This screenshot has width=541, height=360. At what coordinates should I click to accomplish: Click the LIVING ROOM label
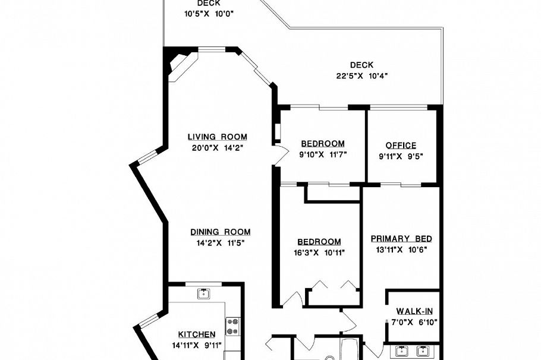click(x=217, y=137)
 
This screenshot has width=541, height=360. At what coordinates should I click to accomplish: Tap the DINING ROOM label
click(x=220, y=232)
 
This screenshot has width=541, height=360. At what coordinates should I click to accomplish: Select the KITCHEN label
click(x=197, y=334)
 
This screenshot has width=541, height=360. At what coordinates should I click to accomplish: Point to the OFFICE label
click(x=401, y=146)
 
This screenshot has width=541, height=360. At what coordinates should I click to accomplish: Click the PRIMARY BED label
click(x=401, y=239)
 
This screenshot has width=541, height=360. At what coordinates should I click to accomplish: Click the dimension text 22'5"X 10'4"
click(x=362, y=75)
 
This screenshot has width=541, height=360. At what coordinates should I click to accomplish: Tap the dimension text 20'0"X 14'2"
click(x=218, y=147)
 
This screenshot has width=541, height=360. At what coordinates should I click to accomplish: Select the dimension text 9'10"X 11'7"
click(x=323, y=154)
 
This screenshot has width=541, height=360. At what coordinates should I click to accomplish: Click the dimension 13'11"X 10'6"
click(x=401, y=249)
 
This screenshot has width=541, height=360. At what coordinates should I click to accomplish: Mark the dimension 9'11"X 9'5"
click(x=401, y=156)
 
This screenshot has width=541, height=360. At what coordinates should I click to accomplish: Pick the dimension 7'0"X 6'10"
click(x=414, y=323)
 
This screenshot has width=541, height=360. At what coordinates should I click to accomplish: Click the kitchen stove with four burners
click(x=232, y=326)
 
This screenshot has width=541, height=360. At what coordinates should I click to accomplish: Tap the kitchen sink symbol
click(x=203, y=293)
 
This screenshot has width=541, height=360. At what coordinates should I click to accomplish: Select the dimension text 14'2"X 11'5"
click(x=220, y=242)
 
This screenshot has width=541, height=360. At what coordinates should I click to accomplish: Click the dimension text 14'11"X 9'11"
click(x=197, y=345)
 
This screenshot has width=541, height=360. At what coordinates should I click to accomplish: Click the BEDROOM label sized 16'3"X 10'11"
click(x=319, y=242)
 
